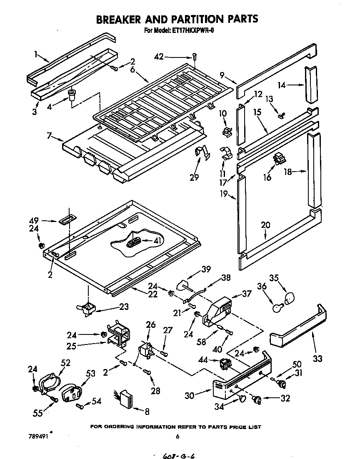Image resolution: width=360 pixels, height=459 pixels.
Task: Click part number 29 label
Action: pos(194,178)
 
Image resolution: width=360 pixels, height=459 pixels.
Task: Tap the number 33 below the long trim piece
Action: pos(318,358)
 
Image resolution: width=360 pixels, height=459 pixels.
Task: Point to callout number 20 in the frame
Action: pos(265,225)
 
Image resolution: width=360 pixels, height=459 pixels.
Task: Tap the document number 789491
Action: pos(38,437)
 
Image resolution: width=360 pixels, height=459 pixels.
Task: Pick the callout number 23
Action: pos(123,307)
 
